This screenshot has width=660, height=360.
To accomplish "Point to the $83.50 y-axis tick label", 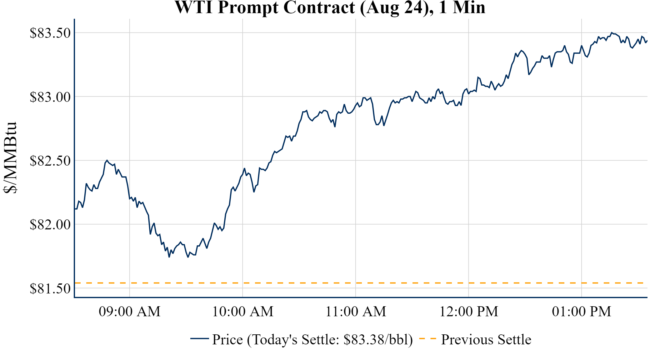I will coord(50,33).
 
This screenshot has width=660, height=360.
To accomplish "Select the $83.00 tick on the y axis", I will coord(50,97).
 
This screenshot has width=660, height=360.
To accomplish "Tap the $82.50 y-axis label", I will coord(50,161).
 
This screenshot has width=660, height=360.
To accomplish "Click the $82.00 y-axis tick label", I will coord(50,224).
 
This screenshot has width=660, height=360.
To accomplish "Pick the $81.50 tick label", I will coord(50,288).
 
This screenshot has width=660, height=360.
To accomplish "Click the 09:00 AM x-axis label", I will coord(130,312).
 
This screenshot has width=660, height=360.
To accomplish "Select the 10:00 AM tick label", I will coord(243,312).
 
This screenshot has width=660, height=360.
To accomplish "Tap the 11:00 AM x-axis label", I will coord(356,312).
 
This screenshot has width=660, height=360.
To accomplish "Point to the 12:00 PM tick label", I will coord(469,312).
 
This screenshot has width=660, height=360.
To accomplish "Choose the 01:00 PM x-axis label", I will coord(582,312).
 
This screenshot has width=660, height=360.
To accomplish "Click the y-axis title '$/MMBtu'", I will coord(10,158).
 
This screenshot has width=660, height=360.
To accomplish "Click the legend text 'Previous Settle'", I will coord(486,339).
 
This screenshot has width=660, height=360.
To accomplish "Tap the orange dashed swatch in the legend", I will coord(427,339).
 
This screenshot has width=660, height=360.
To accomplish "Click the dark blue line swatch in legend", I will coord(199,339).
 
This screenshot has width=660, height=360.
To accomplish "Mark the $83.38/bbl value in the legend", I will coord(378,339).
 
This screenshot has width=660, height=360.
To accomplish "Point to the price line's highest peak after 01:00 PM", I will coord(612,32).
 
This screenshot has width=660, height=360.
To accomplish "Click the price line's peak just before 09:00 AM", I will coord(107,160).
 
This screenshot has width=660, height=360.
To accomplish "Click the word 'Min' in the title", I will coord(469,7).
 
